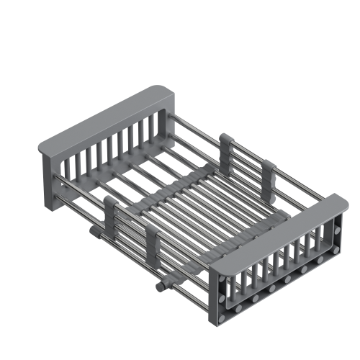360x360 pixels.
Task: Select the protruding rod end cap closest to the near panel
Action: coord(158,287)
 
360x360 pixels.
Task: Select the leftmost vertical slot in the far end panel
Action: coord(66,172)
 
